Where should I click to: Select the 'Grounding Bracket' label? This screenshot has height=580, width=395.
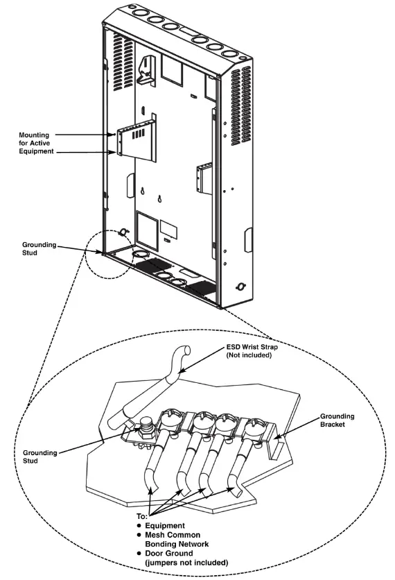pyautogui.click(x=337, y=421)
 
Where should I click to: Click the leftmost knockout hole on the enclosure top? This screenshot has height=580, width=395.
pyautogui.click(x=132, y=13)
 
